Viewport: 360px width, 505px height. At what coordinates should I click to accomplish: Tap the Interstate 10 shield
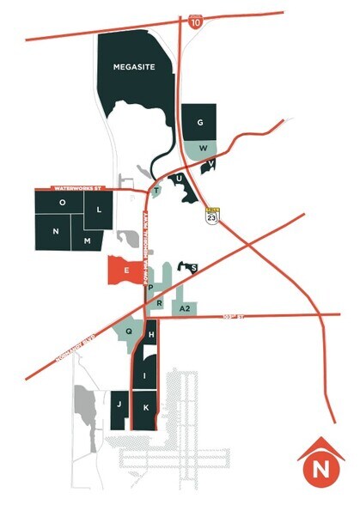click(x=195, y=20)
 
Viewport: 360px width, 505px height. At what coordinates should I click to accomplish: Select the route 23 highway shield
click(x=211, y=214)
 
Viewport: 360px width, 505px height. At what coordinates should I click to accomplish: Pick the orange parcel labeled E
click(x=126, y=271)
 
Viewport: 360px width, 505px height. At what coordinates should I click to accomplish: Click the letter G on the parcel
click(x=199, y=124)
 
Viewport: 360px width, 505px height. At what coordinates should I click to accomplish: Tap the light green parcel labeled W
click(x=203, y=147)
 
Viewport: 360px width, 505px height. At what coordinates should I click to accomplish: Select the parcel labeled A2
click(x=184, y=307)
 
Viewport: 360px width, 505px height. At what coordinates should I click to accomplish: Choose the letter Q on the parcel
click(x=130, y=330)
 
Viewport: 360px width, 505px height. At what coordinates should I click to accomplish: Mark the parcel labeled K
click(x=146, y=406)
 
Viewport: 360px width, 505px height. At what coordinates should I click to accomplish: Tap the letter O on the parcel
click(x=61, y=203)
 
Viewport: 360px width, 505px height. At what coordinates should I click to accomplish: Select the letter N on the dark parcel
click(x=56, y=232)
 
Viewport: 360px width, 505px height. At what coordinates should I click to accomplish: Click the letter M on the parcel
click(x=87, y=241)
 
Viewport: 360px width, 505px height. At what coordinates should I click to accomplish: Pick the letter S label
click(x=194, y=269)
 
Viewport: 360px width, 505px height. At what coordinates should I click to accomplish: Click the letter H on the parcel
click(x=151, y=333)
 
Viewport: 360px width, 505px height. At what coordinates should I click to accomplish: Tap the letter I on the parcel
click(x=146, y=375)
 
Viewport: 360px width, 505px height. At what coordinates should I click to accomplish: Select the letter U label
click(x=179, y=179)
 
